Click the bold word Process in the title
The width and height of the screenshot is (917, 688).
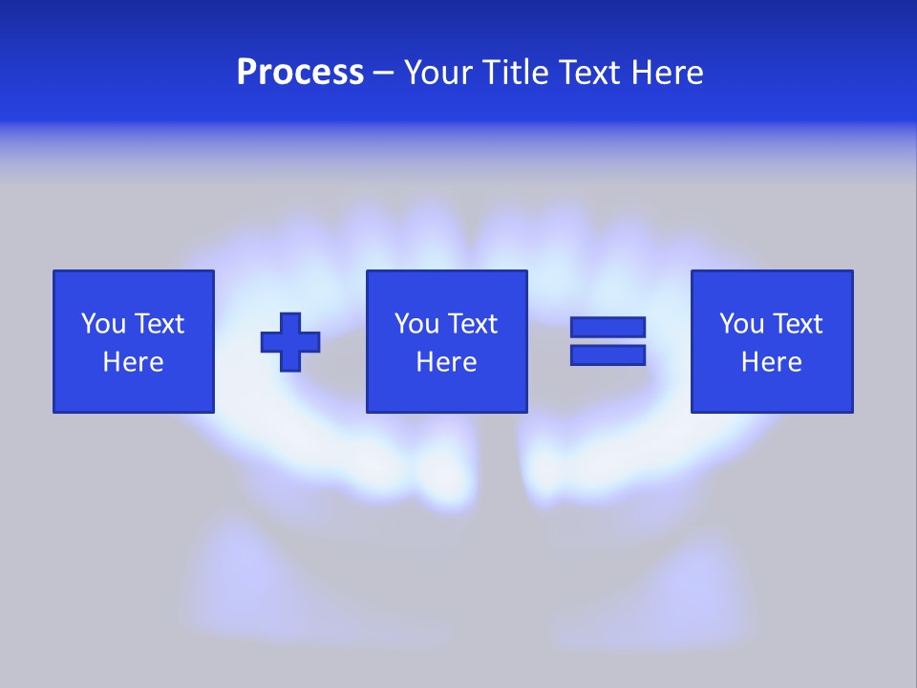point(300,73)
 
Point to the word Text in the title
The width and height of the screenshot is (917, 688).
point(591,73)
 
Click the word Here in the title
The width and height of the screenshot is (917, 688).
point(668,73)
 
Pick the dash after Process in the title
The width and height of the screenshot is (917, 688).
point(384,74)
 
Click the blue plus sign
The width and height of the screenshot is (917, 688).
point(290,342)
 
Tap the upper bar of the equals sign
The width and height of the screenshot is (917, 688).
point(608,327)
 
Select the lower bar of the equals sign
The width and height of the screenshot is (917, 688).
point(608,355)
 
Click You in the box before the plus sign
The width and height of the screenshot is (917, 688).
point(104,324)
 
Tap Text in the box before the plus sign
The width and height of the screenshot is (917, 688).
point(159,324)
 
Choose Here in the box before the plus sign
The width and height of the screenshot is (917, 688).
point(133,362)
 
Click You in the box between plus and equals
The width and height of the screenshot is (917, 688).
point(417,324)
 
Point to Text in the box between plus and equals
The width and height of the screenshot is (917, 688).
point(472,324)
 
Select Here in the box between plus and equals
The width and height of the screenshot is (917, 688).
point(446,362)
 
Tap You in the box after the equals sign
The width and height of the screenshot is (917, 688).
point(742,324)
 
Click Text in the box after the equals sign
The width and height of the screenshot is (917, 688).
point(797,324)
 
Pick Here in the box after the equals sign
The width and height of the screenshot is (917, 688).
point(771,362)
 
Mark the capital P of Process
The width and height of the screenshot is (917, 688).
point(247,73)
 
